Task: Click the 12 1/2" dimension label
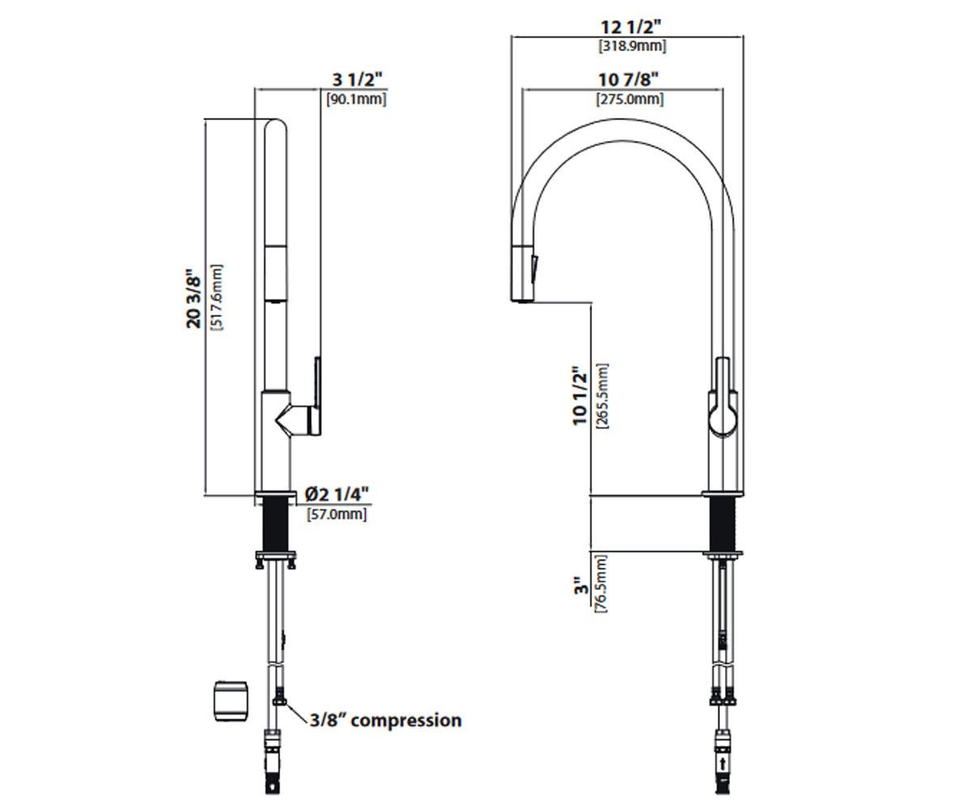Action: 631,27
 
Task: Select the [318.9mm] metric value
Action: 632,46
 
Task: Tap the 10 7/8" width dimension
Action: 629,79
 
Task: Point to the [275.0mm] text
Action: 630,99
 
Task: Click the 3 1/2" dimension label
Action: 357,79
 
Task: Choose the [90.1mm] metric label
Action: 356,99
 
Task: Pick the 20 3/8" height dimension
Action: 194,298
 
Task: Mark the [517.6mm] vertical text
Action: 217,297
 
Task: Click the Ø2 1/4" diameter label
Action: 337,494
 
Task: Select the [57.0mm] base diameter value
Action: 337,514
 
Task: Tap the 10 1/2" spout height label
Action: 580,395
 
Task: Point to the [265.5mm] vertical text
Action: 602,396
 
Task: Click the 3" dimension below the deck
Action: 582,586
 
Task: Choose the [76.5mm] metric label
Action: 601,583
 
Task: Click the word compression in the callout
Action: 406,721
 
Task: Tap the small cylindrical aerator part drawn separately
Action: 231,701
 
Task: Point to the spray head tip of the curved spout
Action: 522,301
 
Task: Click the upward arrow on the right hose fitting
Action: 722,764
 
